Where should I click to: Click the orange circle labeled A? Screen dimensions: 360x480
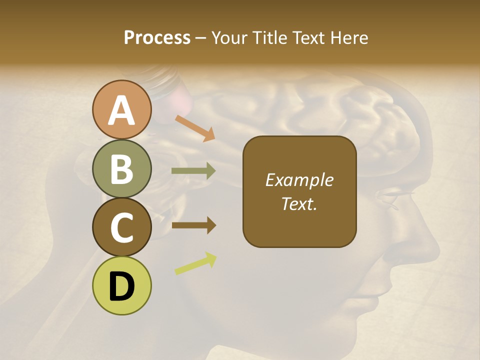[121, 109]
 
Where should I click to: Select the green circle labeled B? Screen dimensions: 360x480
[121, 168]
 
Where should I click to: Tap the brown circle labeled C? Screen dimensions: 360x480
[121, 227]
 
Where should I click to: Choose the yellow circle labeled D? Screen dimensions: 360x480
[121, 285]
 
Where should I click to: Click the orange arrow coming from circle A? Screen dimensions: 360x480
[195, 128]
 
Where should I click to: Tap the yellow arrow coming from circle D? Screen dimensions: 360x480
[195, 263]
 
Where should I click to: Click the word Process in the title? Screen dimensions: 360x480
[157, 37]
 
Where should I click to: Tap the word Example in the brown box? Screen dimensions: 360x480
[299, 180]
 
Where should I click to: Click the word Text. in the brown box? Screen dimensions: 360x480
[299, 203]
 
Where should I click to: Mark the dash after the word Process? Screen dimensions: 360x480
[201, 38]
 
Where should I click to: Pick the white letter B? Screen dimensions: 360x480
[121, 168]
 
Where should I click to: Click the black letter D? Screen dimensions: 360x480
[121, 286]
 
